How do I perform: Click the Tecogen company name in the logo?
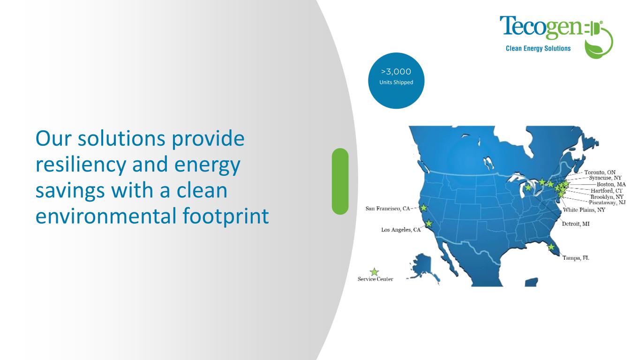(x=541, y=28)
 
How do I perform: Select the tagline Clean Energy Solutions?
(x=538, y=48)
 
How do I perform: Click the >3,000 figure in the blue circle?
(x=396, y=71)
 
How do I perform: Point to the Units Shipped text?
(x=396, y=82)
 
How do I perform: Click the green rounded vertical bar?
(x=340, y=181)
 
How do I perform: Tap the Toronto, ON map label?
(x=600, y=172)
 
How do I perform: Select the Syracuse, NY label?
(x=605, y=178)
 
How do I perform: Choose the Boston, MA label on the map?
(x=611, y=184)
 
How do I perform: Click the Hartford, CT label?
(x=607, y=191)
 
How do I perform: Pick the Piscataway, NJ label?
(x=607, y=202)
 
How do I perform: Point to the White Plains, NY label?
(x=584, y=210)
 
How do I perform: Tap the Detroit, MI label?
(x=576, y=224)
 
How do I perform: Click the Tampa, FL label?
(x=576, y=258)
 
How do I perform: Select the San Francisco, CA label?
(x=388, y=209)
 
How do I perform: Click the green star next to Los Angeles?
(x=429, y=224)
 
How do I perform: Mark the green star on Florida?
(x=551, y=247)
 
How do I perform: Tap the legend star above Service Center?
(x=374, y=272)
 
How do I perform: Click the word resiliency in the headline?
(x=81, y=165)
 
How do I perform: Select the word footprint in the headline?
(x=226, y=216)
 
